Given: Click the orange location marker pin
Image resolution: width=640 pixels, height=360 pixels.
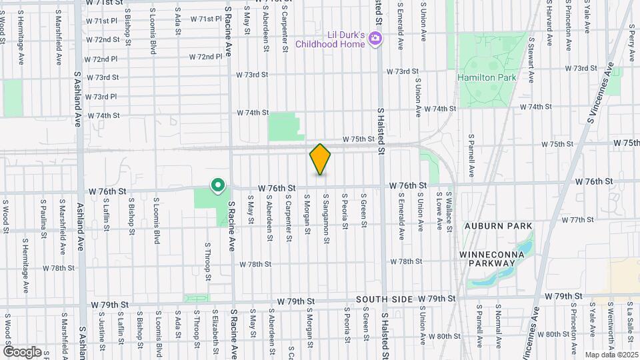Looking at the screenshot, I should coord(321,159).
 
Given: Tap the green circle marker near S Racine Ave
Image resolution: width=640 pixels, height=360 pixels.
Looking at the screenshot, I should coord(217,185).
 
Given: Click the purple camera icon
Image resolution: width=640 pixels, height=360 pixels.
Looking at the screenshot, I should coord(375,39).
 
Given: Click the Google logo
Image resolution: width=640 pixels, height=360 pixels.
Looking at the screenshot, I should coord(22,351).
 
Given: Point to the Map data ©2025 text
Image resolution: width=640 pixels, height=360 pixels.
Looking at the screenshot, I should coord(611,355).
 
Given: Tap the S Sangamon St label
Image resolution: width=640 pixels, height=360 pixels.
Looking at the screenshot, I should coord(326,215).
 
